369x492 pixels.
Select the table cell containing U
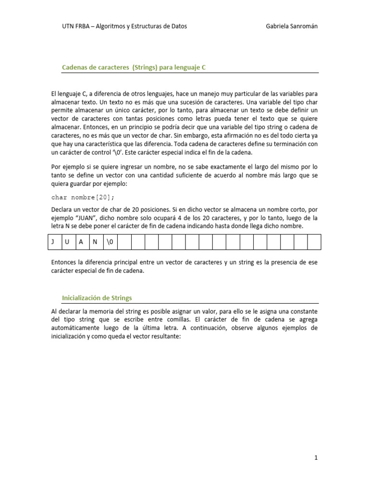(x=67, y=242)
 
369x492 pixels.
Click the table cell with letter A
(x=81, y=242)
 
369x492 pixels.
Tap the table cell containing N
(x=95, y=242)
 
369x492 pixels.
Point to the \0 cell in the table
(x=110, y=242)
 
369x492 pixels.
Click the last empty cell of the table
(x=314, y=242)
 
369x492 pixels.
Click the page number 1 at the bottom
(x=316, y=458)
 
